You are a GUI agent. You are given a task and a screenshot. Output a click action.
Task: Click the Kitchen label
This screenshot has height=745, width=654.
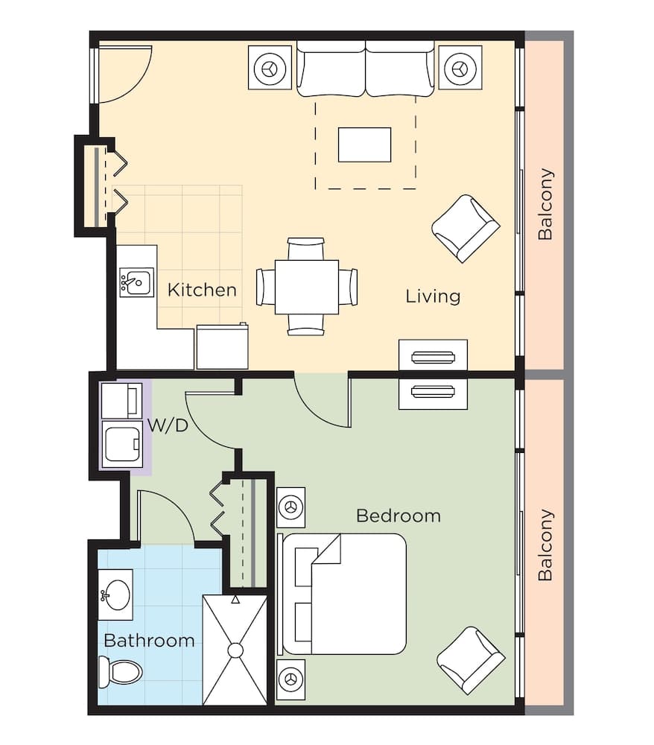tap(202, 290)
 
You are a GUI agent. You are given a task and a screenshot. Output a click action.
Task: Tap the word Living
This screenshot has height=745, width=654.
tap(433, 296)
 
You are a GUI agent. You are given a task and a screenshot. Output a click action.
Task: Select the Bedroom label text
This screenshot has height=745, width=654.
tap(398, 516)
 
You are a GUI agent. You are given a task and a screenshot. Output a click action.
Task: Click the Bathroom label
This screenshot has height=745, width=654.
tap(149, 640)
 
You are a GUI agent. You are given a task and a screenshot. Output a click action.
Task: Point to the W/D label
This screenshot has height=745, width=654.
tap(167, 425)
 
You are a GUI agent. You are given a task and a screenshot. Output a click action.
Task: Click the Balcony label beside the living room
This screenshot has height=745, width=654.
tap(546, 204)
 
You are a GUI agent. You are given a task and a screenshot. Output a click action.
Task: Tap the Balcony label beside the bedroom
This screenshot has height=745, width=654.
tap(546, 545)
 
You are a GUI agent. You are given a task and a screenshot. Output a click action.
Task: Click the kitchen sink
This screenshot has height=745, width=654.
tap(136, 283)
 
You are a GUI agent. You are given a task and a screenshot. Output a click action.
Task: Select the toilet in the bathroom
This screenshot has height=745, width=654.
tap(120, 673)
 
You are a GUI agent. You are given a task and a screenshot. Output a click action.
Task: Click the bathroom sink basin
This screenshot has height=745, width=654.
tap(116, 595)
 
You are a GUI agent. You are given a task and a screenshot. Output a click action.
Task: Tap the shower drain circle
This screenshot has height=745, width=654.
tap(235, 650)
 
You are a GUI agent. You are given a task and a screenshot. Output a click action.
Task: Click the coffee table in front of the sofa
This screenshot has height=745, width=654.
tap(364, 145)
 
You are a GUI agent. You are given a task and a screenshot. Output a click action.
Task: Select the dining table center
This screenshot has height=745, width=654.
tap(306, 287)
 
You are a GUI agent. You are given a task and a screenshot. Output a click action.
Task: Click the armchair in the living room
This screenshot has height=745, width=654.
tap(466, 228)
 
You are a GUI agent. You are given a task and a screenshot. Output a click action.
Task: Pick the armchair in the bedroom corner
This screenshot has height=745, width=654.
tap(471, 660)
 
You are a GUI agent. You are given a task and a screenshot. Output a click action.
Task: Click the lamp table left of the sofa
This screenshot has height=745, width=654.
tap(270, 69)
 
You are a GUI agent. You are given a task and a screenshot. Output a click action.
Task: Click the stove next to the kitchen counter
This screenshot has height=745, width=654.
tap(222, 346)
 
